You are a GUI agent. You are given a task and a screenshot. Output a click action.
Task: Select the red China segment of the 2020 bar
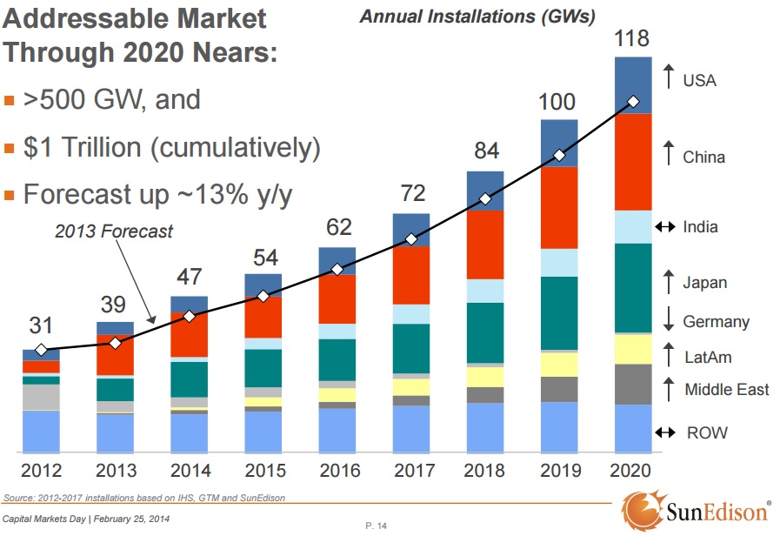tap(633, 162)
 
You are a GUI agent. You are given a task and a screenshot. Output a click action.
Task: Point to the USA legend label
tap(699, 80)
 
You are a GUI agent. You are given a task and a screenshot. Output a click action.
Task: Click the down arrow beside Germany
tap(668, 321)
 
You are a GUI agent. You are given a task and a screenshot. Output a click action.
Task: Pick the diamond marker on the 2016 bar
tap(337, 269)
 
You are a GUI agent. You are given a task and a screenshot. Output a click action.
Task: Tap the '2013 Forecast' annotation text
tap(113, 231)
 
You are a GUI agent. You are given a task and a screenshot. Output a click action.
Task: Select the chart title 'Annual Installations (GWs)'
tap(478, 17)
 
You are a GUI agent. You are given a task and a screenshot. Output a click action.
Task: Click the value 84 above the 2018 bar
tap(485, 151)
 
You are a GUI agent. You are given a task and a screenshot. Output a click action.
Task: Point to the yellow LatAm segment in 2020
tap(633, 349)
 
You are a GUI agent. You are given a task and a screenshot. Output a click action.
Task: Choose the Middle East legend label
tap(727, 389)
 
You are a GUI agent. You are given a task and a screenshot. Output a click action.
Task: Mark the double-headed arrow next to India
tap(665, 227)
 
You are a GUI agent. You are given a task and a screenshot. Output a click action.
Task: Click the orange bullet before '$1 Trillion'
tap(10, 149)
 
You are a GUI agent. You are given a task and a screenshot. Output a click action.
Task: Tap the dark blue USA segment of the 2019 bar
tap(559, 143)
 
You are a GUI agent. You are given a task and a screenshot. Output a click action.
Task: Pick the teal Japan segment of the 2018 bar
tap(485, 332)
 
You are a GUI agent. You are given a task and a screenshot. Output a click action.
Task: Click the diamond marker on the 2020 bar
tap(633, 103)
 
